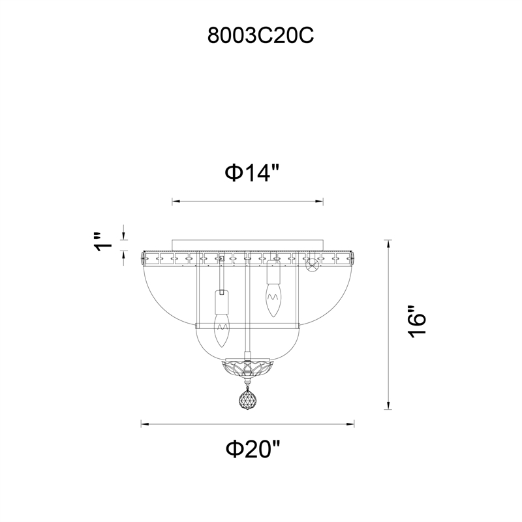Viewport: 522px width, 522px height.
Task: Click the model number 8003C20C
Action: coord(260,36)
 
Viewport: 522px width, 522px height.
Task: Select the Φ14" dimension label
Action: coord(252,172)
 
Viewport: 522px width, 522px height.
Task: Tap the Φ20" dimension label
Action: coord(253,449)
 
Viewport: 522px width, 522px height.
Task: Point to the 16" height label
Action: coord(416,322)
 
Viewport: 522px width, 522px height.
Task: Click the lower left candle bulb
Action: coord(222,330)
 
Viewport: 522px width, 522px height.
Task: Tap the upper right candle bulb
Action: coord(273,300)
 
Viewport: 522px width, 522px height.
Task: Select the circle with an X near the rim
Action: coord(313,266)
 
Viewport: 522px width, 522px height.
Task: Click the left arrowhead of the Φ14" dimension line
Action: coord(176,201)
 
